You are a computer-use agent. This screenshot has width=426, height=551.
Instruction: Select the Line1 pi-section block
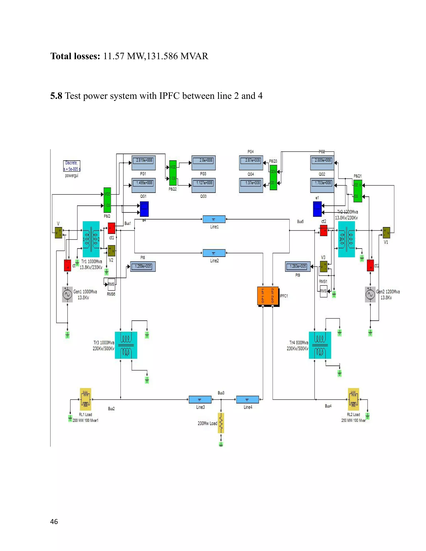tap(214, 219)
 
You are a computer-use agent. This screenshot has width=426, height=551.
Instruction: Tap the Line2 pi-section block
tap(214, 253)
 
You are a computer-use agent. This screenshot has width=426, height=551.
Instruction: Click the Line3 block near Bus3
tap(200, 399)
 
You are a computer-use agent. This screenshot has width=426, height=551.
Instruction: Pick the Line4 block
tap(247, 399)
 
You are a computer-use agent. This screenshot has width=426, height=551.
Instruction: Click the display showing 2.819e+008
tap(144, 163)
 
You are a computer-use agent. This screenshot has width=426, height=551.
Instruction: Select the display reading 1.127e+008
tap(204, 185)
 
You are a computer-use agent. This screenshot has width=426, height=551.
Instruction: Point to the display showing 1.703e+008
tap(322, 185)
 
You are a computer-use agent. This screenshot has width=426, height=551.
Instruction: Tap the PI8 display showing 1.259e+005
tap(143, 266)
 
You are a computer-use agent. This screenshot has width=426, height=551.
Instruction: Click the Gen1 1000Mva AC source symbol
tap(67, 294)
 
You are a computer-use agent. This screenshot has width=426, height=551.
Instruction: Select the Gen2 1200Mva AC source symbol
tap(370, 294)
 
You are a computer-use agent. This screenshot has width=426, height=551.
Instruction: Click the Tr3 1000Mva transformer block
tap(126, 345)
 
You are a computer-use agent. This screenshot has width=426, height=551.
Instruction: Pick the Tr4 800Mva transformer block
tap(320, 345)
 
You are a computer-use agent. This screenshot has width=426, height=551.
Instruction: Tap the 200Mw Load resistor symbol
tap(221, 423)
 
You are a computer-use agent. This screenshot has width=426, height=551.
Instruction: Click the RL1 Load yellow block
tap(85, 399)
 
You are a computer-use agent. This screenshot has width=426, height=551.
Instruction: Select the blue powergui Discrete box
tap(72, 166)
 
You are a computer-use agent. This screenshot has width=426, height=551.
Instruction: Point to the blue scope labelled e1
tap(317, 209)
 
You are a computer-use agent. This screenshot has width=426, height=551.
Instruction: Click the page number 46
tap(54, 522)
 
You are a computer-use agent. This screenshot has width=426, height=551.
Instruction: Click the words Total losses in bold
tap(75, 56)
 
